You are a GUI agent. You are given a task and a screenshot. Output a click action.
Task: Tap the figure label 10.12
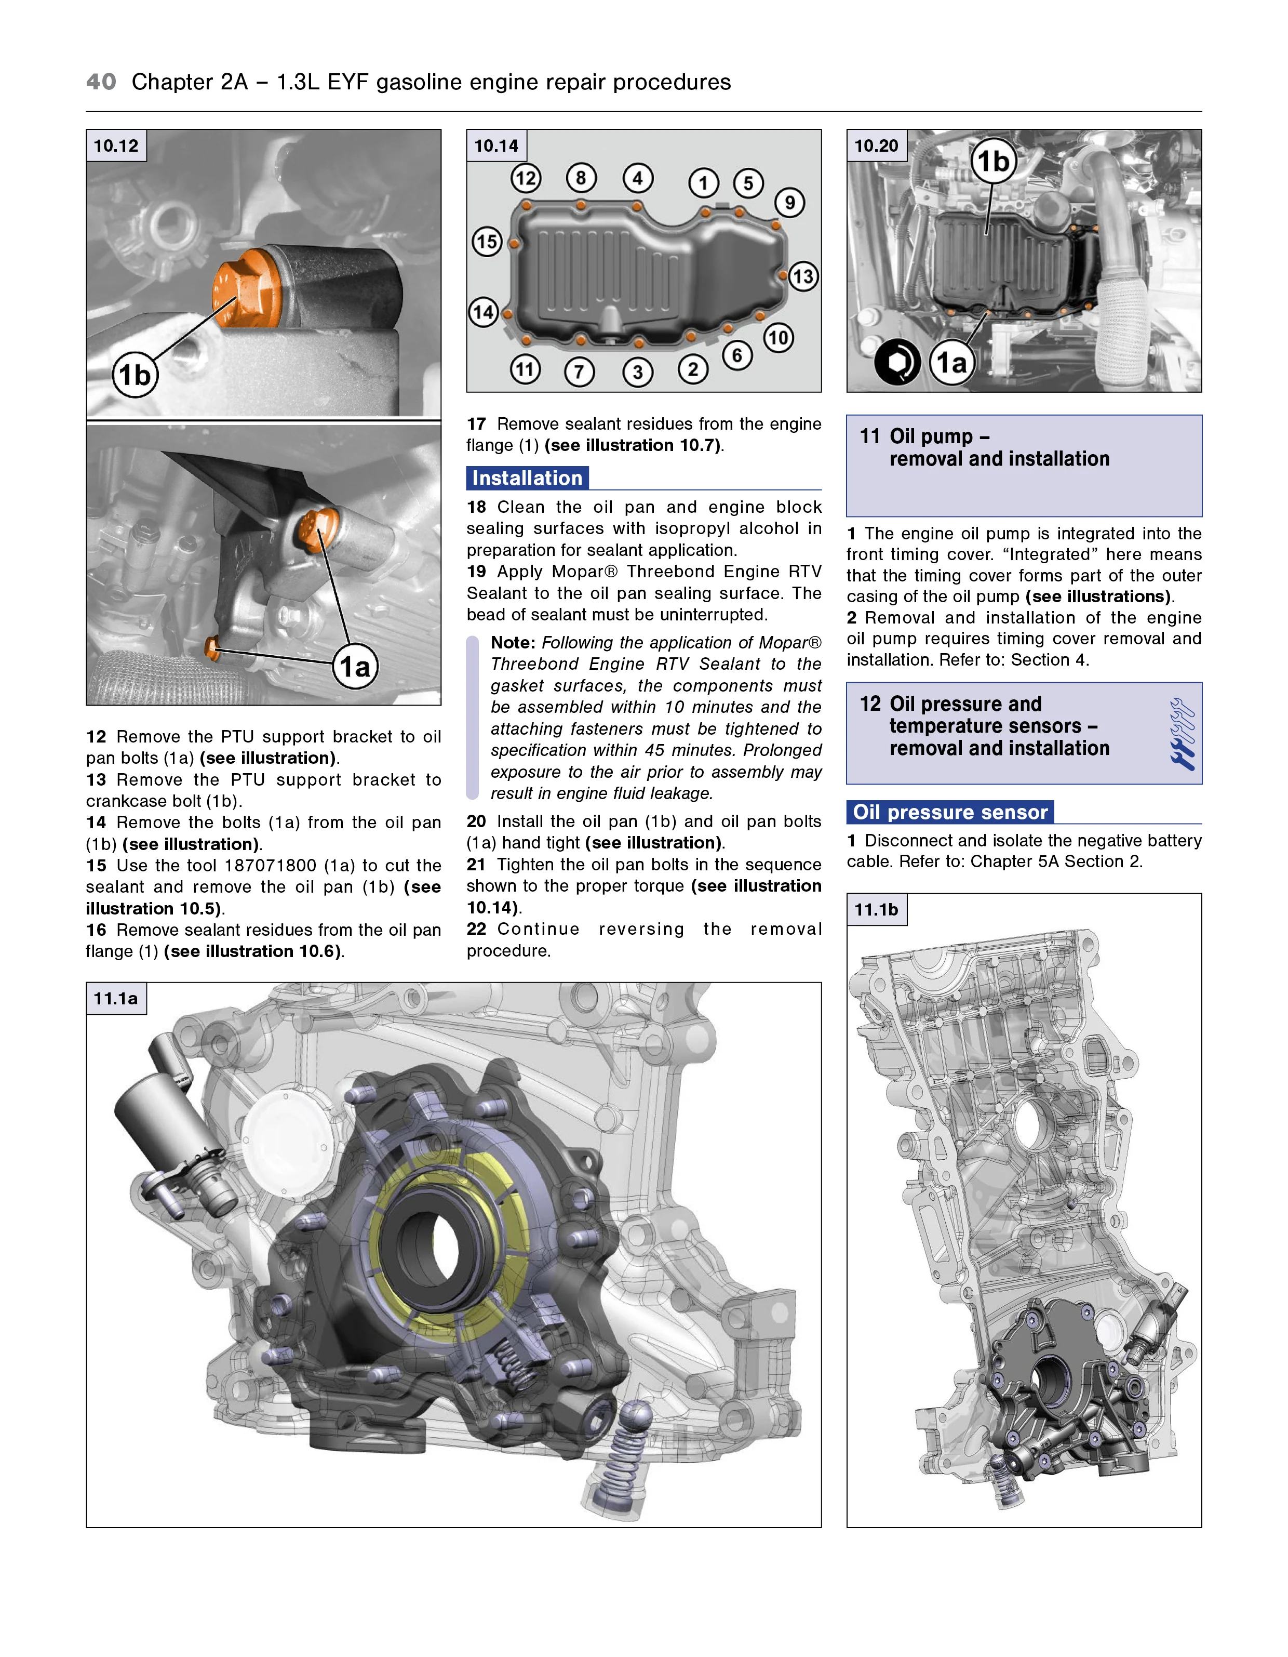click(x=116, y=145)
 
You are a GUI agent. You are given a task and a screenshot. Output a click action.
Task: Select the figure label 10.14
click(x=496, y=145)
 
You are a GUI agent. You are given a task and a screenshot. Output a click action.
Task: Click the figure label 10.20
click(x=876, y=145)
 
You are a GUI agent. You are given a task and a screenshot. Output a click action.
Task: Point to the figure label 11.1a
click(x=116, y=999)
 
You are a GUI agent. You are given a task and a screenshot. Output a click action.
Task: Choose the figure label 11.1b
click(x=876, y=910)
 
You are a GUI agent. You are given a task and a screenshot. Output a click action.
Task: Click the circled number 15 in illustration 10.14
click(x=487, y=242)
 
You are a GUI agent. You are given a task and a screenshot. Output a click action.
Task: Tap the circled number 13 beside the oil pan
click(x=803, y=276)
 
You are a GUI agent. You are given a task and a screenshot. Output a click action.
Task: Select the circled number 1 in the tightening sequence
click(x=703, y=183)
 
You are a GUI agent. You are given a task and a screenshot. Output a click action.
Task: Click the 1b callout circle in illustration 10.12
click(x=135, y=375)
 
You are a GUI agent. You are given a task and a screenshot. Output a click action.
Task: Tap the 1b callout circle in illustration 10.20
click(x=993, y=161)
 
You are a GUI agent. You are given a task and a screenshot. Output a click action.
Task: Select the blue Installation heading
click(x=527, y=478)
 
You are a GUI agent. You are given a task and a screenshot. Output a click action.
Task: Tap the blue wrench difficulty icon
click(x=1182, y=734)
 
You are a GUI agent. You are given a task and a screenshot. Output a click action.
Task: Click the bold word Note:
click(x=513, y=643)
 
